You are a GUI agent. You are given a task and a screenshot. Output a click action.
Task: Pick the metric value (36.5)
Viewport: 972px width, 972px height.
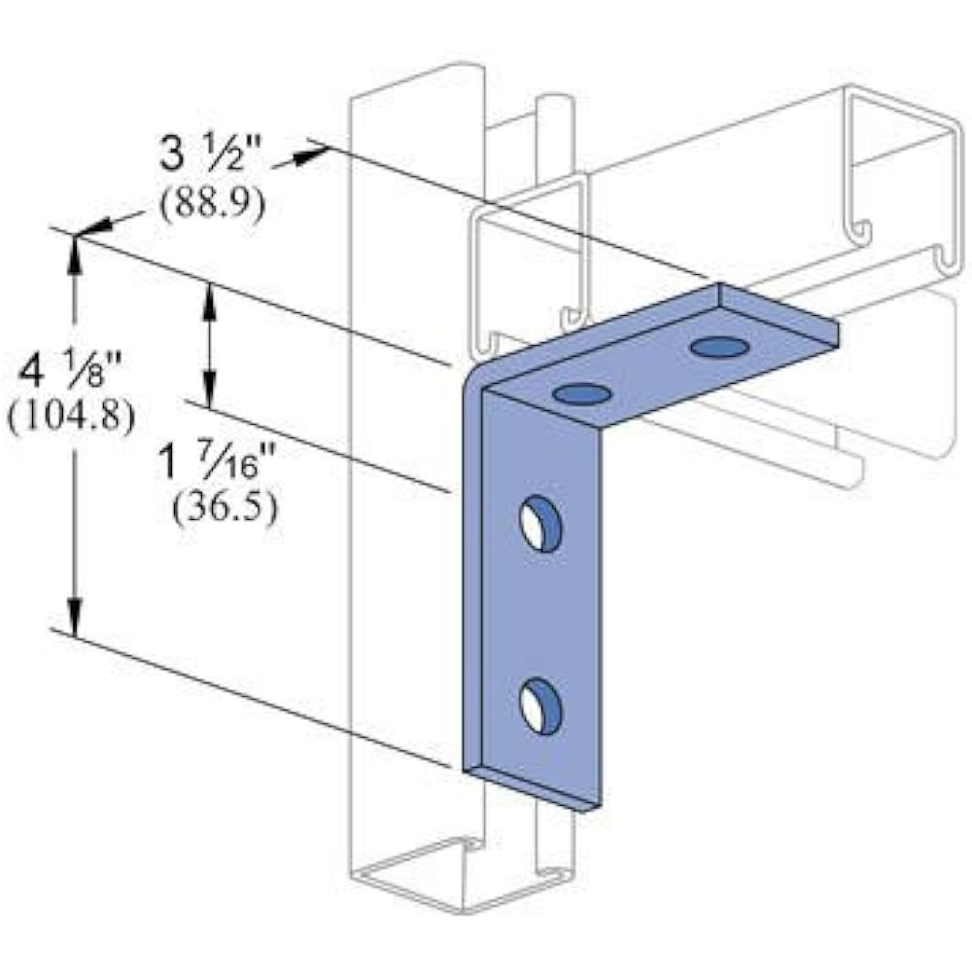pyautogui.click(x=225, y=507)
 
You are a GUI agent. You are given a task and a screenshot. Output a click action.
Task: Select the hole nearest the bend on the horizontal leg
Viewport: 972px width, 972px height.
pyautogui.click(x=582, y=394)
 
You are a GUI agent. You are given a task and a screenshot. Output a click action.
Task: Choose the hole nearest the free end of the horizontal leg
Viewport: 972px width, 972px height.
pyautogui.click(x=719, y=347)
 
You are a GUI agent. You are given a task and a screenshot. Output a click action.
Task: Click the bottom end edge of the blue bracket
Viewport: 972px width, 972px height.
pyautogui.click(x=535, y=789)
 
